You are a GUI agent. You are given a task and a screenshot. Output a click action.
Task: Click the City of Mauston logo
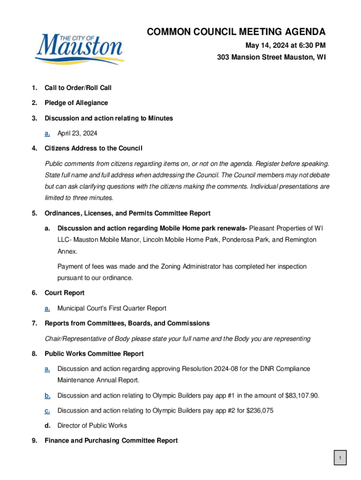click(79, 50)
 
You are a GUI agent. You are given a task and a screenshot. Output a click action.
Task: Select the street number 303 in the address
click(223, 58)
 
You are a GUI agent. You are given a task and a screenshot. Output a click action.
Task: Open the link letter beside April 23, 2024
click(47, 134)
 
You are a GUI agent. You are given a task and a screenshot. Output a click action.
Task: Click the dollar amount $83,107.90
click(302, 396)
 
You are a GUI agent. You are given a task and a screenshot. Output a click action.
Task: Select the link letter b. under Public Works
click(47, 396)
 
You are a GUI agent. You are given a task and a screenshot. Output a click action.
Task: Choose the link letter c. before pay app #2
click(47, 411)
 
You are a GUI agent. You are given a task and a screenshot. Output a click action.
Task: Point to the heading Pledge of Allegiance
click(76, 103)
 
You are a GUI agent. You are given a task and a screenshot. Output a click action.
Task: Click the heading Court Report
click(64, 293)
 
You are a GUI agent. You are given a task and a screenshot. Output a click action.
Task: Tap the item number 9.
click(34, 441)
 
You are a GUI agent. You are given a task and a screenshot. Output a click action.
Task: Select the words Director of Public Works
click(92, 426)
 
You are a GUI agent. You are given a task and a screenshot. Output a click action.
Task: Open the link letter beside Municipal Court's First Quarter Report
click(47, 308)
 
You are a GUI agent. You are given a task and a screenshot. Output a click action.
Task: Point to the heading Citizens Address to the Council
click(93, 149)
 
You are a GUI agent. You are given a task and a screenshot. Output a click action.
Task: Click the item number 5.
click(34, 213)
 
